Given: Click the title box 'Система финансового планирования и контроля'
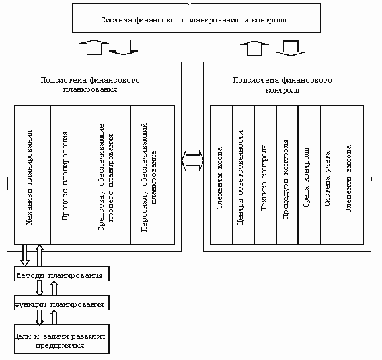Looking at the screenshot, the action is (x=196, y=19).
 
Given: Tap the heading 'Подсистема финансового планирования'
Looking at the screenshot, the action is (x=90, y=85).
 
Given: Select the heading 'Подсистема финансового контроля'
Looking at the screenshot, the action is (x=282, y=85).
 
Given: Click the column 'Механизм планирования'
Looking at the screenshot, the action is (x=32, y=175).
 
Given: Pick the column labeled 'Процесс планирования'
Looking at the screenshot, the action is (x=69, y=175).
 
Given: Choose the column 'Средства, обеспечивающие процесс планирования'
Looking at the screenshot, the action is (x=108, y=175).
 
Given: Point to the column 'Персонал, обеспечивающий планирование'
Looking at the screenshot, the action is (x=153, y=175).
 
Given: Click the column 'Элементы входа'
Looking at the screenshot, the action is (x=221, y=175).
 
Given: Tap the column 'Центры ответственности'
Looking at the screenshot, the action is (x=244, y=175).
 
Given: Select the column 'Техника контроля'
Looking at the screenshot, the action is (x=266, y=175).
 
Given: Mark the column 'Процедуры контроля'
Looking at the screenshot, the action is (x=287, y=175).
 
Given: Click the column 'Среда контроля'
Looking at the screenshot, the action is (x=309, y=175).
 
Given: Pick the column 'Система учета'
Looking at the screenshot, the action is (x=331, y=175).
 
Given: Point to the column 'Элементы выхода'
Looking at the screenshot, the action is (x=353, y=175).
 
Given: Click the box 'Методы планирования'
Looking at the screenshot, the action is (x=61, y=274).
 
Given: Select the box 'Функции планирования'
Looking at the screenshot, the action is (x=61, y=303).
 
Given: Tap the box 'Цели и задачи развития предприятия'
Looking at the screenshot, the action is (x=61, y=339).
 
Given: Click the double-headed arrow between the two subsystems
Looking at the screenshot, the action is (x=193, y=161).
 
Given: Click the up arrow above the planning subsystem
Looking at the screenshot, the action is (x=94, y=48).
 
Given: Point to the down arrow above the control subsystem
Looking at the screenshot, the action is (x=291, y=48).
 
